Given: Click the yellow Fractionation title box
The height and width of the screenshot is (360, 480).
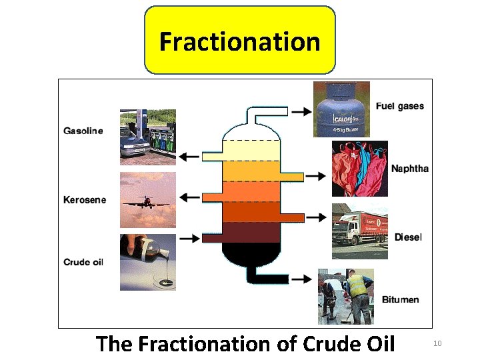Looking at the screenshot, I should coord(240,40).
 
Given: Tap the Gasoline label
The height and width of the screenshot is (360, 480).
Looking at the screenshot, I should coord(83,131).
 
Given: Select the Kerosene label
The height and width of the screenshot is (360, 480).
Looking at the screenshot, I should coord(85,199).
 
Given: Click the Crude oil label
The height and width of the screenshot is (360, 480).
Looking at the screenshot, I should coord(83,262).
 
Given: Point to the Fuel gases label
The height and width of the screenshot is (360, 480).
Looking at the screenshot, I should coord(400,106).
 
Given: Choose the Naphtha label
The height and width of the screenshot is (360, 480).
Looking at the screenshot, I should coord(410,169).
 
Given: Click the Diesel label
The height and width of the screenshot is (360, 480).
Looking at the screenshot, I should coord(408,237).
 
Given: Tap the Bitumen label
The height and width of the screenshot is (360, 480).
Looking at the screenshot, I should coord(401,299).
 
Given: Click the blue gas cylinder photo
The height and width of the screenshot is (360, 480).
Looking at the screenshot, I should coord(341,109).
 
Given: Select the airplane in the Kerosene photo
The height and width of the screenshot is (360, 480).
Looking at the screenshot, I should coord(147,200).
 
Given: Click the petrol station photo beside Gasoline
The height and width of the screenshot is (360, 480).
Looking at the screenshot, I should coord(148,137).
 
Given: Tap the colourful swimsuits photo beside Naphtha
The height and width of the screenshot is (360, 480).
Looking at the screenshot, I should coord(360,169).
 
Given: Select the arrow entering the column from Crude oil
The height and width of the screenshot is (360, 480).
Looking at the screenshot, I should coord(189,238).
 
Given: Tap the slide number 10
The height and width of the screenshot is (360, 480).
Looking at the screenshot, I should coord(438,343).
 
